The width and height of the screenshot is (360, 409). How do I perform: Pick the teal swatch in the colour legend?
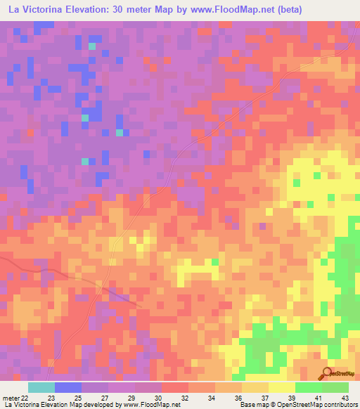tap(41, 387)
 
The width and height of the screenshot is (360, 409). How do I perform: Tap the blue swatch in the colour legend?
tap(68, 387)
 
